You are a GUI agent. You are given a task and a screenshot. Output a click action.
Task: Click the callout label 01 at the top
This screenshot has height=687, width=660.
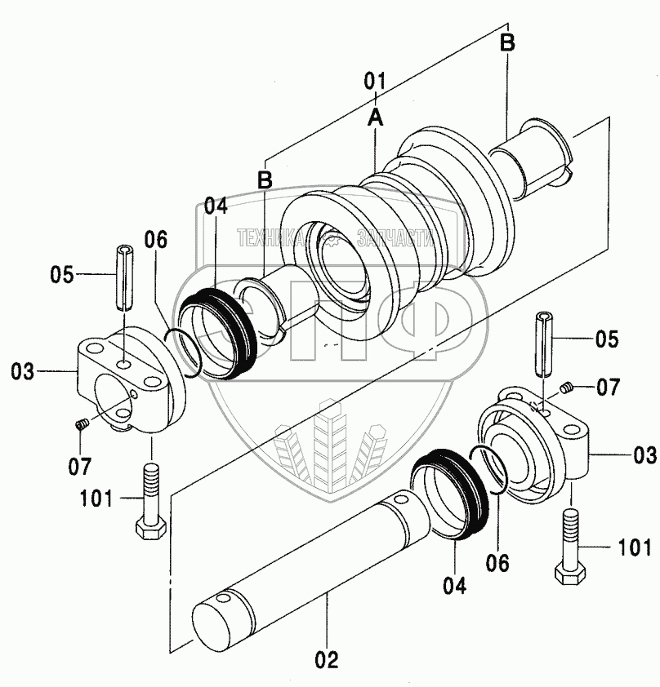pyautogui.click(x=374, y=82)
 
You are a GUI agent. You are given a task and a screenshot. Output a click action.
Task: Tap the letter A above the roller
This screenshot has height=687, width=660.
pyautogui.click(x=376, y=117)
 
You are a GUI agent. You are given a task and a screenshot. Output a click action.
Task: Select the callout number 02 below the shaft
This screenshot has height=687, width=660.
pyautogui.click(x=327, y=660)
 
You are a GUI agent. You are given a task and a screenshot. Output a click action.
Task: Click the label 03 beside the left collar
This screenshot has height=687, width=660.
pyautogui.click(x=22, y=371)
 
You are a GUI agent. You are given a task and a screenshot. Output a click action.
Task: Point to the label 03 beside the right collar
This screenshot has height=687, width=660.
pyautogui.click(x=645, y=455)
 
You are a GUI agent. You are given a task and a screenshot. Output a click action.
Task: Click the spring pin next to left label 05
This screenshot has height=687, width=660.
pyautogui.click(x=124, y=277)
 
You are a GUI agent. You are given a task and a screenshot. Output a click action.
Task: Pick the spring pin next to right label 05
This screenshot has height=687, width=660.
pyautogui.click(x=544, y=343)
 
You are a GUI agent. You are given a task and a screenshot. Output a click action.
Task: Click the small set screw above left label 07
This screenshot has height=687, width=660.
pyautogui.click(x=82, y=423)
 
